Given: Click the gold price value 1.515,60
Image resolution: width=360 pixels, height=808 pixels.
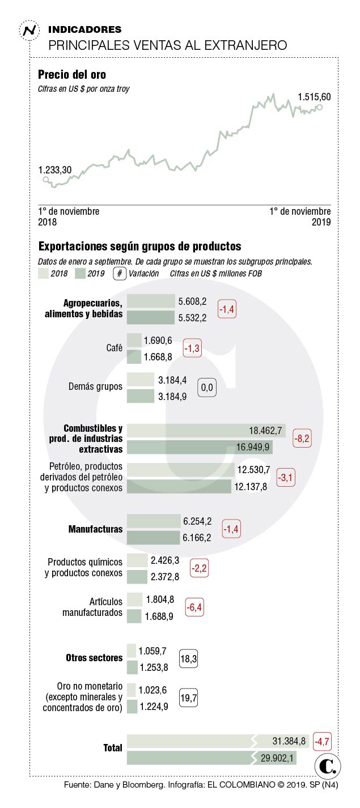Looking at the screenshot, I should [314, 97].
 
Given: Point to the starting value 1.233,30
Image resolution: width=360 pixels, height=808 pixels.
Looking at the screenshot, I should [54, 169].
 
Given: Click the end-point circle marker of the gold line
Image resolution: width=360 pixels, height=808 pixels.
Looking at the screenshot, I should [320, 107].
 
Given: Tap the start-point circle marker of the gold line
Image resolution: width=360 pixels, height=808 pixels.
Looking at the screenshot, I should [46, 180].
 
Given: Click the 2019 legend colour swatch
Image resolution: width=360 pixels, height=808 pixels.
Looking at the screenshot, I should [80, 273].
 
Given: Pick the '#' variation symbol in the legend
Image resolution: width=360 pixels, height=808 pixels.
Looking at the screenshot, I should [119, 273].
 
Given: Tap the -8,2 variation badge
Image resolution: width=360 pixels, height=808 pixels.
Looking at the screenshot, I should [301, 439].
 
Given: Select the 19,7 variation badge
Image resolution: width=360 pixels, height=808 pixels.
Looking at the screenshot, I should [188, 699].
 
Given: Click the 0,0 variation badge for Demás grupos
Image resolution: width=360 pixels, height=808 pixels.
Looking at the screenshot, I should [206, 388].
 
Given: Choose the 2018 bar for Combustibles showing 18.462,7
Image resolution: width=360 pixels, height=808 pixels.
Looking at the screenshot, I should [206, 431].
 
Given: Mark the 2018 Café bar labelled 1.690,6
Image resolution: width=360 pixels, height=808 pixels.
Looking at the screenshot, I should [134, 340].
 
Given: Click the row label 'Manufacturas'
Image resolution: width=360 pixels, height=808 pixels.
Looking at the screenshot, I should [95, 529].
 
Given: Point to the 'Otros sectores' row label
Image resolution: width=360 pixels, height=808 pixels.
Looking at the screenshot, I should [94, 658].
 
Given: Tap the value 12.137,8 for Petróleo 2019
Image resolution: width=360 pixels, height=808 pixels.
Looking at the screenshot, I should [252, 487].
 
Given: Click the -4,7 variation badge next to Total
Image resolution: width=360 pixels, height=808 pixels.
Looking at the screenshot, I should [321, 741].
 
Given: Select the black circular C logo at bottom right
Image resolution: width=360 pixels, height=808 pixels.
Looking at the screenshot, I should [327, 766].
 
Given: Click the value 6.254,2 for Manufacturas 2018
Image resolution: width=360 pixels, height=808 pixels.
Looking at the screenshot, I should [197, 521].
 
